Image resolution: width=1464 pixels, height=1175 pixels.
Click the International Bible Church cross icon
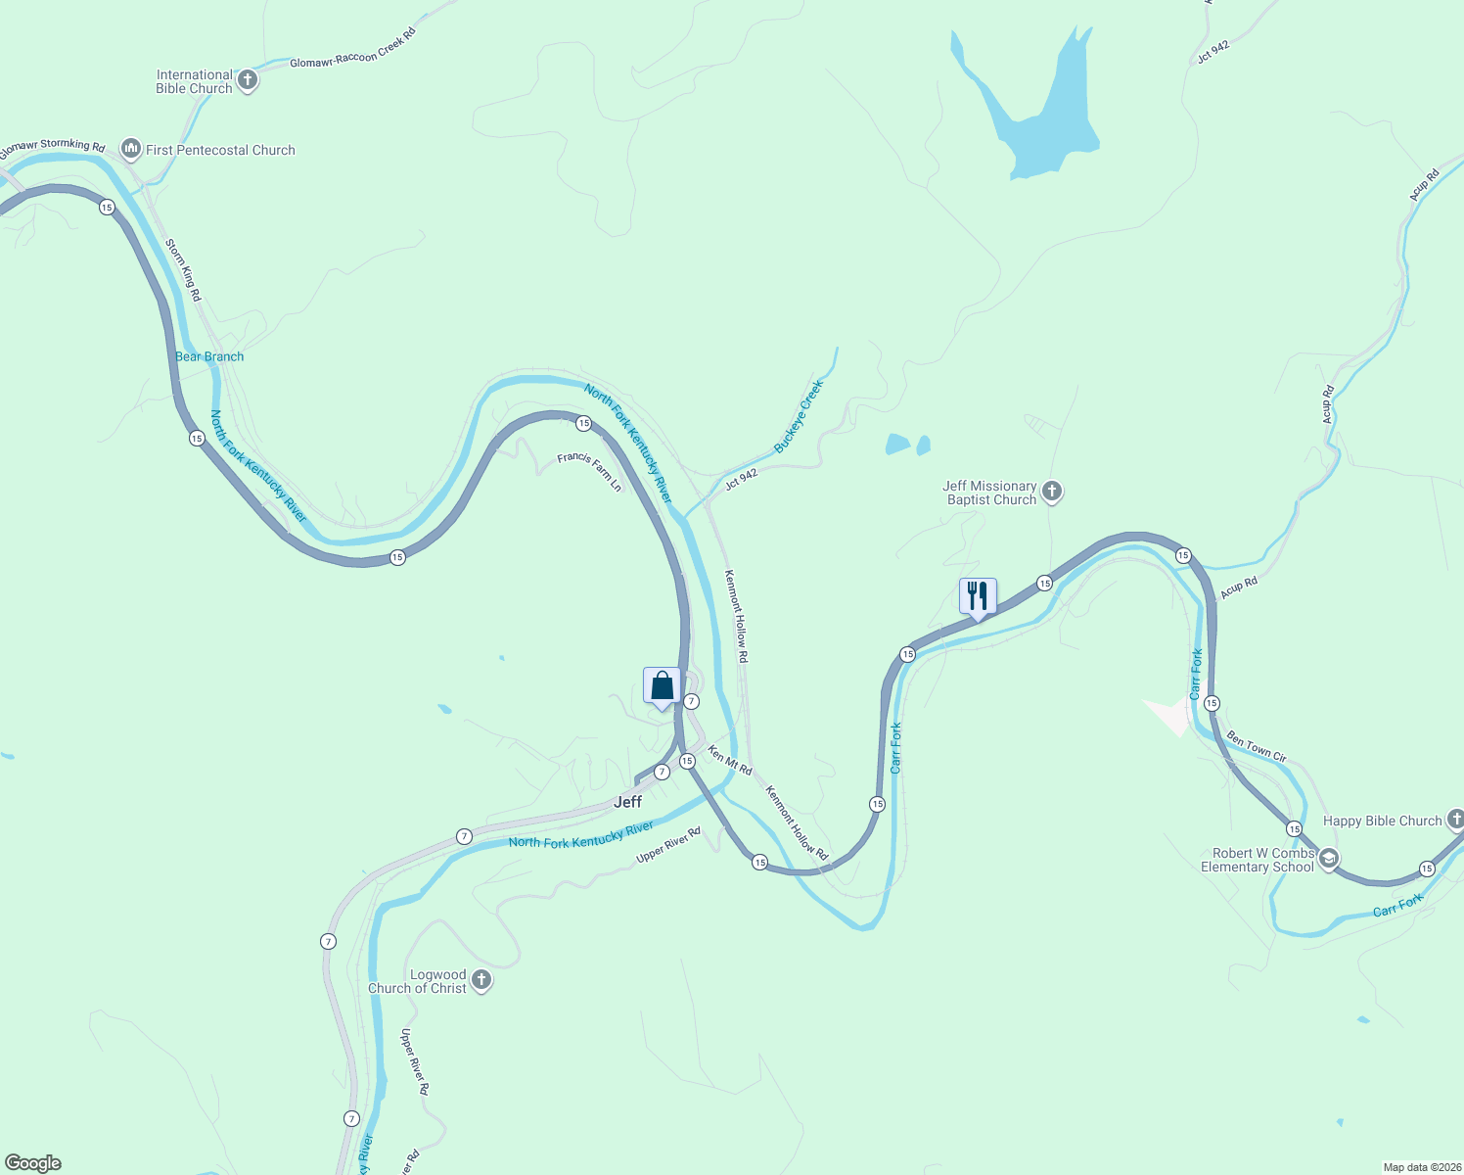(248, 80)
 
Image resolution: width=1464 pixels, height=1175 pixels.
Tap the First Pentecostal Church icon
(131, 149)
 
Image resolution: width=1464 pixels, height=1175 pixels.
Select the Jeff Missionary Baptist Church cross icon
(1052, 492)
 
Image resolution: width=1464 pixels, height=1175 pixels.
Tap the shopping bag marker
(662, 686)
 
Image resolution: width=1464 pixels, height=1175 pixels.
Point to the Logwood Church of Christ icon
(480, 980)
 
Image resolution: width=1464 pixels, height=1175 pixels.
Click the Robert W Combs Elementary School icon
(1328, 860)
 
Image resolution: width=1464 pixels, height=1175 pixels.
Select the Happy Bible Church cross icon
(1455, 820)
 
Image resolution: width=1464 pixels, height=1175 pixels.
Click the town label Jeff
(627, 802)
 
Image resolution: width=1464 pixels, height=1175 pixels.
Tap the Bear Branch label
(209, 356)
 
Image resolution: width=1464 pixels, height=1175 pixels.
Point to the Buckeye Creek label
(799, 416)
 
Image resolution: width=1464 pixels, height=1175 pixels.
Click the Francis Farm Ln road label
(589, 471)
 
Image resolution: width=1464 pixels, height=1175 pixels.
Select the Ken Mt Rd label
(730, 761)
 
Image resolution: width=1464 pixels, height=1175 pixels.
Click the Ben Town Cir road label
(1257, 748)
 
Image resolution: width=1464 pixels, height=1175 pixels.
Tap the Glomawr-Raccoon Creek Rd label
(353, 47)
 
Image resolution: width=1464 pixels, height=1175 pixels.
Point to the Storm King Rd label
(183, 269)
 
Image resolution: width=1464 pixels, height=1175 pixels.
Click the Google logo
(33, 1163)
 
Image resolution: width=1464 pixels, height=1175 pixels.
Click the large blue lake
(1047, 117)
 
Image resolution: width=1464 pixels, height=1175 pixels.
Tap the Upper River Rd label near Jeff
(668, 846)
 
